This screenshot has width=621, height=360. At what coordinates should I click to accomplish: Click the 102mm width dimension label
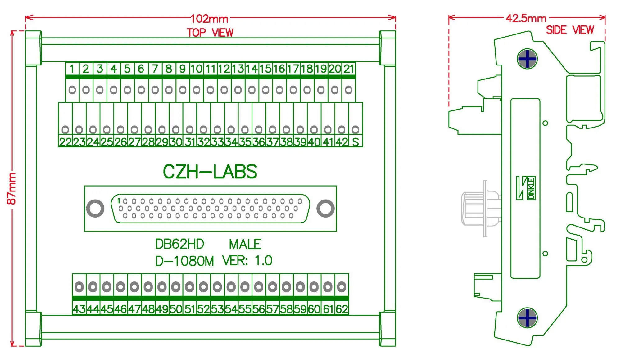pyautogui.click(x=209, y=19)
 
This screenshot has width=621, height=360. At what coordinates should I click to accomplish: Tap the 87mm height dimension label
pyautogui.click(x=11, y=189)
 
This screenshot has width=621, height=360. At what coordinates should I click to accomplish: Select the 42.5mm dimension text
pyautogui.click(x=526, y=18)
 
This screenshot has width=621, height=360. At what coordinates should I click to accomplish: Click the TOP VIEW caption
pyautogui.click(x=210, y=33)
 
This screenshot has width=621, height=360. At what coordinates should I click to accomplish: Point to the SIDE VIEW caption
pyautogui.click(x=570, y=30)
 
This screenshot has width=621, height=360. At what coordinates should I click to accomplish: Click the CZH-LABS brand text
pyautogui.click(x=210, y=172)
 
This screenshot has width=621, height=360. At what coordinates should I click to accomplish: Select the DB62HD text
pyautogui.click(x=179, y=244)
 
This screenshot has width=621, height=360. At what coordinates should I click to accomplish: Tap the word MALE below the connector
pyautogui.click(x=245, y=244)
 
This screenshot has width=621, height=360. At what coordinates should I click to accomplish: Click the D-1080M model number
pyautogui.click(x=184, y=261)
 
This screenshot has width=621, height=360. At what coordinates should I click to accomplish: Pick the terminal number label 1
pyautogui.click(x=72, y=69)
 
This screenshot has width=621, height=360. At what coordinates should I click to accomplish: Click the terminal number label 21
pyautogui.click(x=349, y=69)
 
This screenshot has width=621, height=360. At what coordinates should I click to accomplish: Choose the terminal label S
pyautogui.click(x=356, y=142)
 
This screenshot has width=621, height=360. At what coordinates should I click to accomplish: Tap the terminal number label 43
pyautogui.click(x=79, y=309)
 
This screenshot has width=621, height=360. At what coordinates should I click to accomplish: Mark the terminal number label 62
pyautogui.click(x=342, y=309)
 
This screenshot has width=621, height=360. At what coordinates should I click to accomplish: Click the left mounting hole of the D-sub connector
pyautogui.click(x=95, y=209)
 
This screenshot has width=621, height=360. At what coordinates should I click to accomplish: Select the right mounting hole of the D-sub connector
pyautogui.click(x=325, y=209)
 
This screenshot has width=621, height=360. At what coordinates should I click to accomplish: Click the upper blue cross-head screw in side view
pyautogui.click(x=527, y=59)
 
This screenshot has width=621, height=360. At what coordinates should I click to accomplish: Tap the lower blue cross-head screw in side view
pyautogui.click(x=527, y=318)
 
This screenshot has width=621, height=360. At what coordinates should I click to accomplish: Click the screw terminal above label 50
pyautogui.click(x=176, y=287)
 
